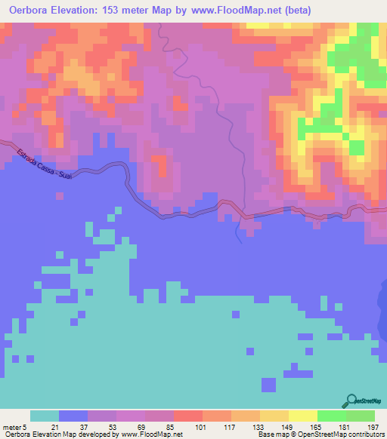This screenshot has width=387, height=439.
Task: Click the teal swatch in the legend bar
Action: (x=45, y=416)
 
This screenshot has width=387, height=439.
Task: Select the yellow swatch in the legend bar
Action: (x=303, y=416)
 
